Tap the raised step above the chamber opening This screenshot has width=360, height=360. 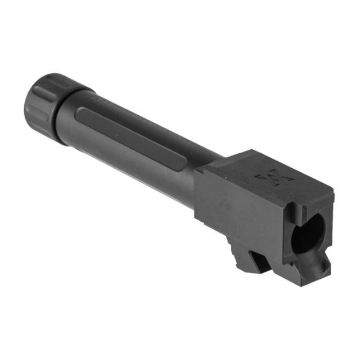[314, 199]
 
